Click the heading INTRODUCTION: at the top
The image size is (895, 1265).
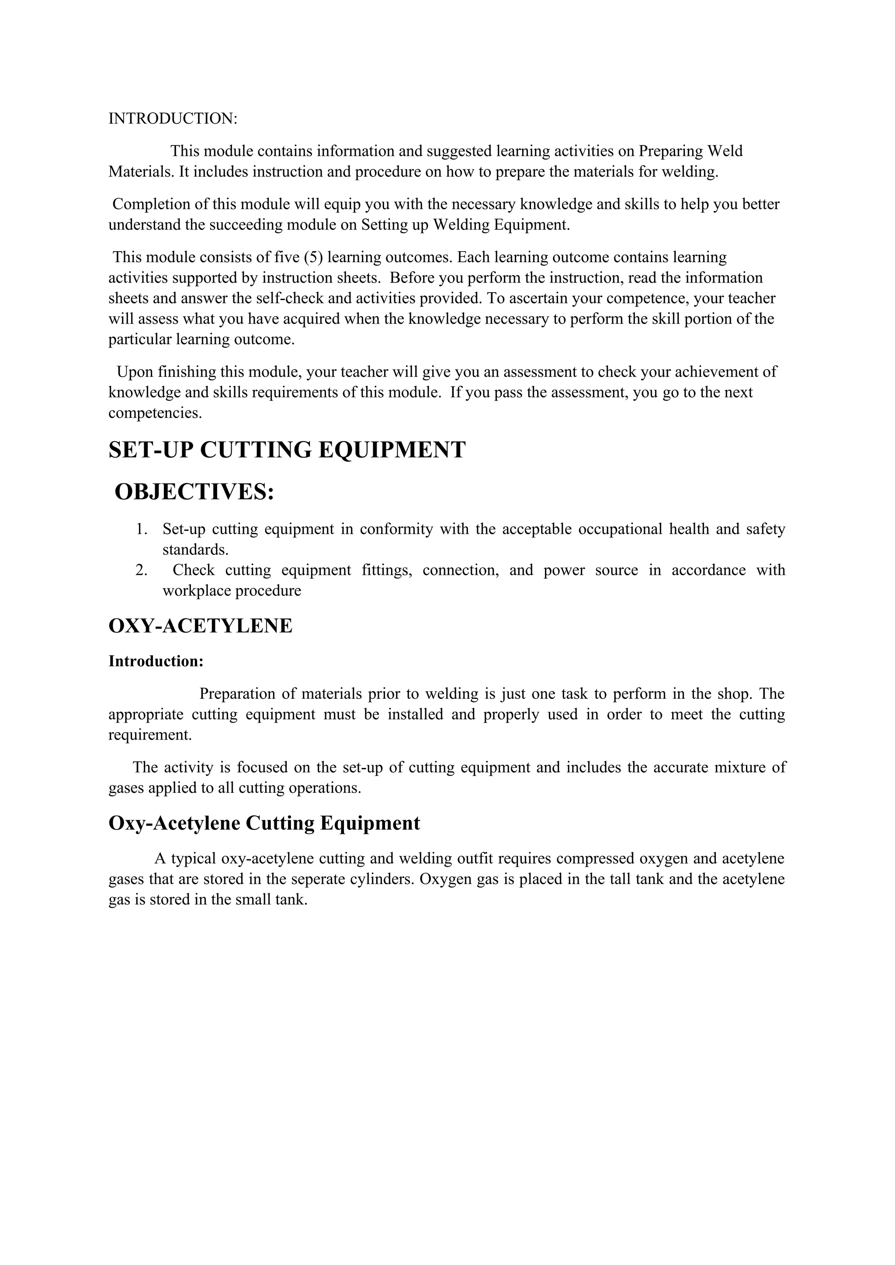coord(173,118)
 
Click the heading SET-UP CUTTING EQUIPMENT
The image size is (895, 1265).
coord(287,450)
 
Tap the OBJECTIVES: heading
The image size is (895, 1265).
coord(194,491)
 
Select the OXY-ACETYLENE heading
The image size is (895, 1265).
coord(200,626)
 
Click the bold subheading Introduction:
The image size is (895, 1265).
coord(156,661)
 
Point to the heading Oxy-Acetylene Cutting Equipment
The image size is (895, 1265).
coord(264,823)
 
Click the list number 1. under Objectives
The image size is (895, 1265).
coord(142,529)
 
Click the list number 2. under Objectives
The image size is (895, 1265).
coord(142,570)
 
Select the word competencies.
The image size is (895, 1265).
coord(155,413)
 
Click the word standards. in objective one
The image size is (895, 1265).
coord(195,550)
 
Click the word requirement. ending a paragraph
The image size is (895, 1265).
coord(150,735)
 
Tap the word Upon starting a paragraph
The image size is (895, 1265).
coord(135,372)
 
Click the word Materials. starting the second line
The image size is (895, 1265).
coord(141,172)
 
